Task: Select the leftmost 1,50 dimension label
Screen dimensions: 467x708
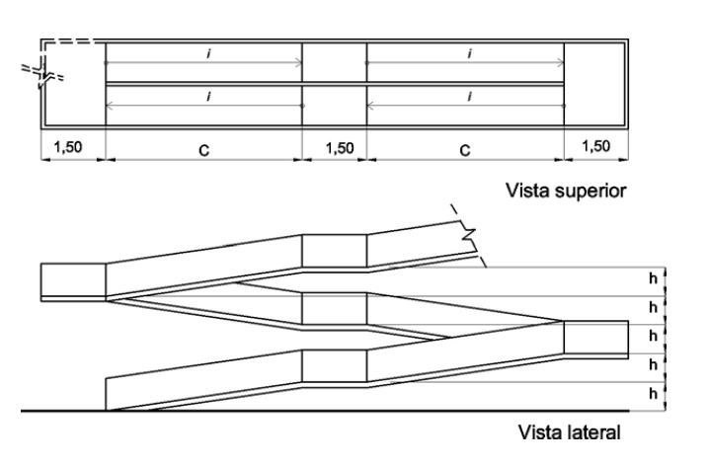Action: pyautogui.click(x=69, y=147)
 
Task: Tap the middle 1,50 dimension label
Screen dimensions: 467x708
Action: pyautogui.click(x=334, y=147)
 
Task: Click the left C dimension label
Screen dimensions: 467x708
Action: pyautogui.click(x=202, y=150)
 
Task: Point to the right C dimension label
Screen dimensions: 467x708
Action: pyautogui.click(x=464, y=150)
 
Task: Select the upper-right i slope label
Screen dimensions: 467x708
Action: pyautogui.click(x=467, y=52)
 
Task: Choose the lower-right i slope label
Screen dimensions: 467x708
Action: pyautogui.click(x=467, y=95)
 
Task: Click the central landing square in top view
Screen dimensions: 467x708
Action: pyautogui.click(x=334, y=84)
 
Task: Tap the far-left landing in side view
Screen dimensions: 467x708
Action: pyautogui.click(x=72, y=280)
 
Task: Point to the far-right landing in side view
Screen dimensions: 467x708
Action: pyautogui.click(x=594, y=339)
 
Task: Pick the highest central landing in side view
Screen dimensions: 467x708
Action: pyautogui.click(x=334, y=251)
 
